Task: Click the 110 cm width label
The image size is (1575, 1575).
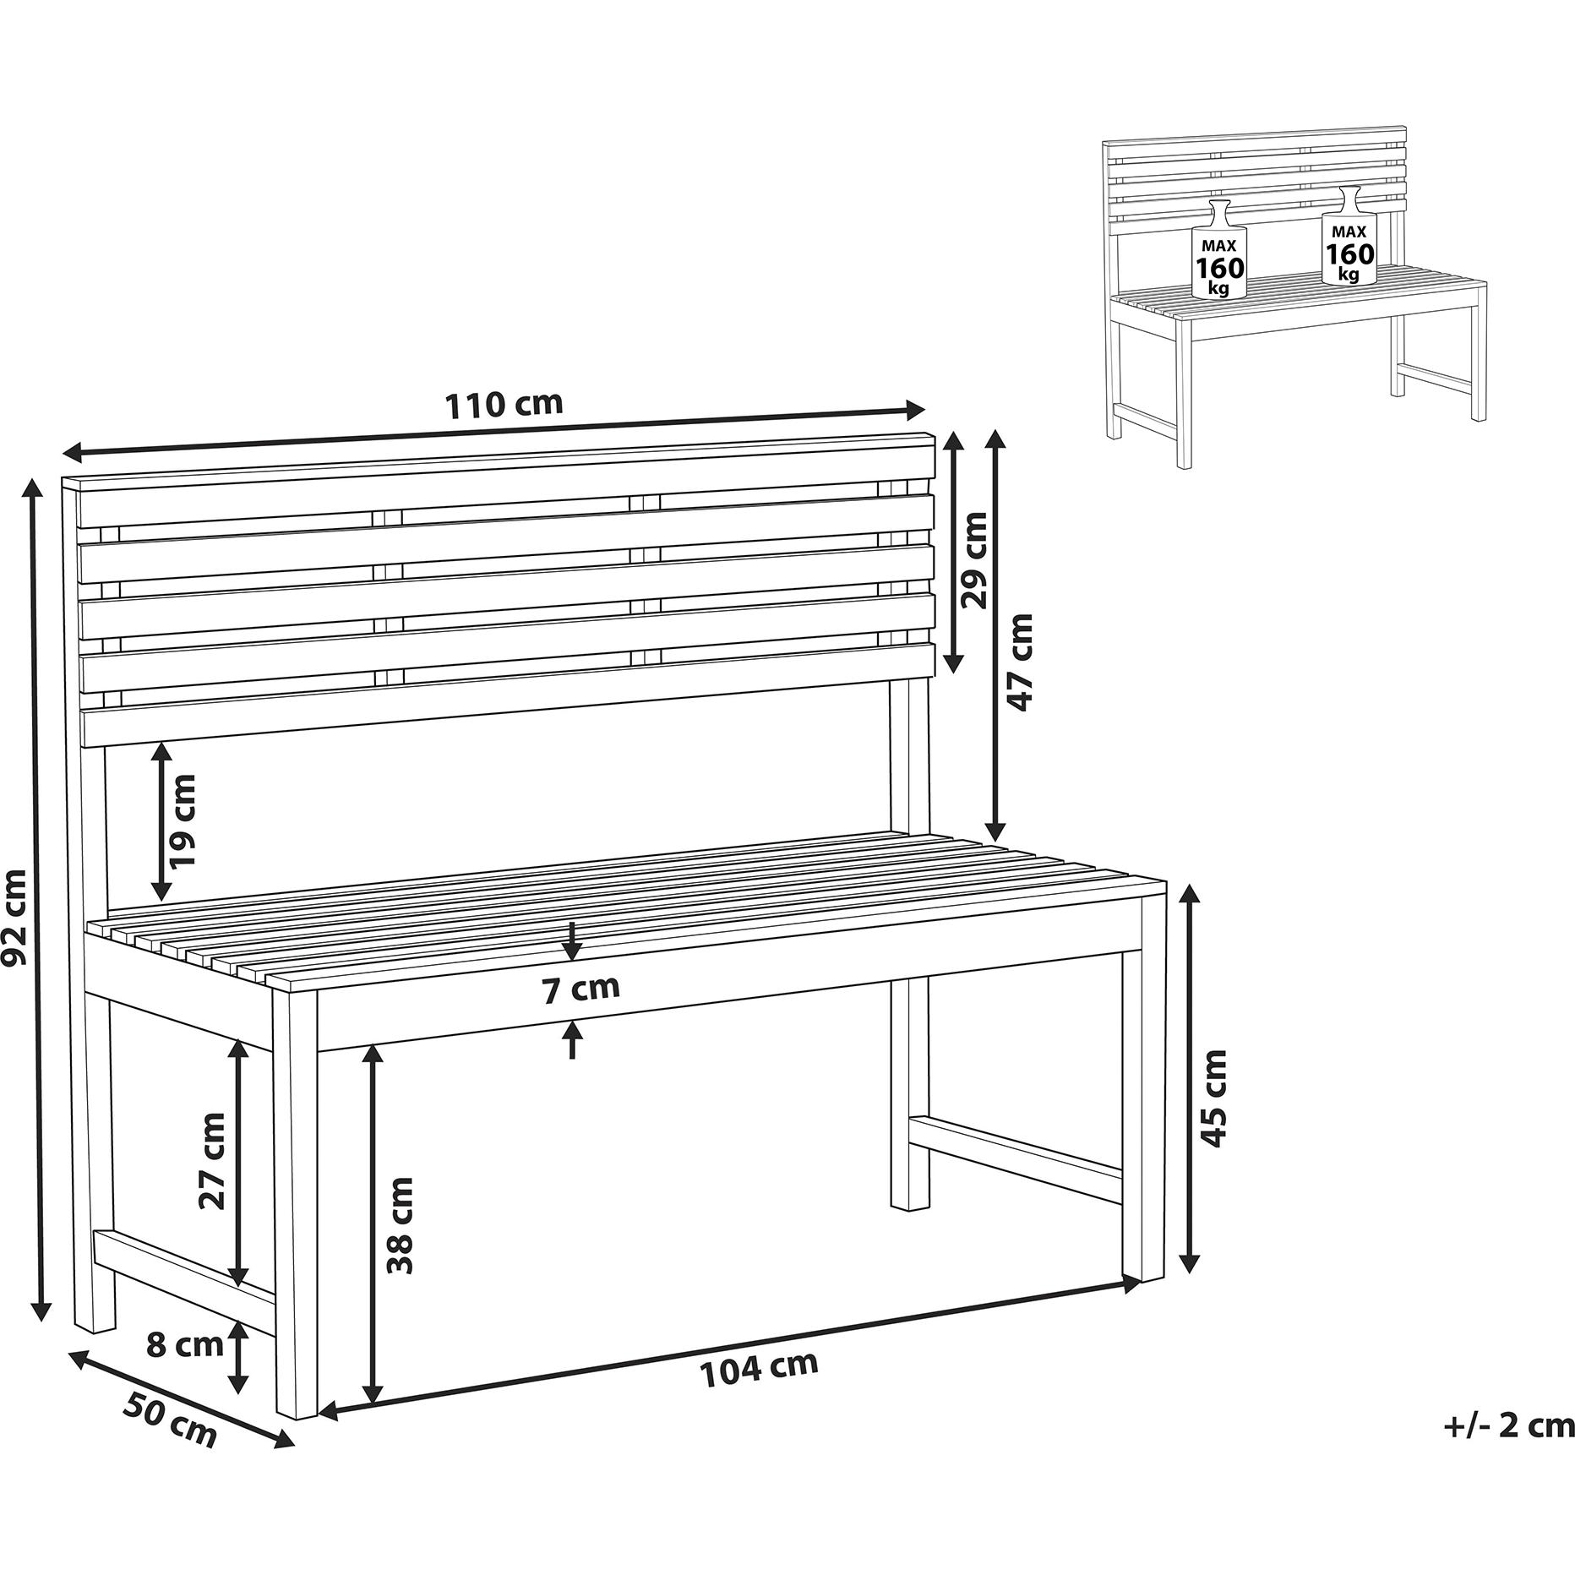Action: pos(504,405)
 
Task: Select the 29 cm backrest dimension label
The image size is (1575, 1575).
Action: pos(974,560)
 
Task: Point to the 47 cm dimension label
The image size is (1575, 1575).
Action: pos(1020,662)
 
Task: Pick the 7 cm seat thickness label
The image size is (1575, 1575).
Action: pos(580,989)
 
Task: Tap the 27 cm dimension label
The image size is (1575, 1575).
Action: pos(212,1161)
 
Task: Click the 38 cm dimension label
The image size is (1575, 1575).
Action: pos(400,1225)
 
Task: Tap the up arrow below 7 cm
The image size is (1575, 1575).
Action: pos(573,1040)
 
